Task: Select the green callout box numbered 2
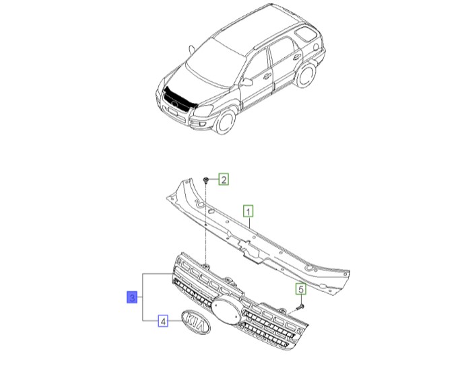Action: tap(224, 179)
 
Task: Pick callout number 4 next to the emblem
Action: tap(163, 321)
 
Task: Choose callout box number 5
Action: tap(301, 289)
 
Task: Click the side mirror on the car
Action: tap(248, 83)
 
